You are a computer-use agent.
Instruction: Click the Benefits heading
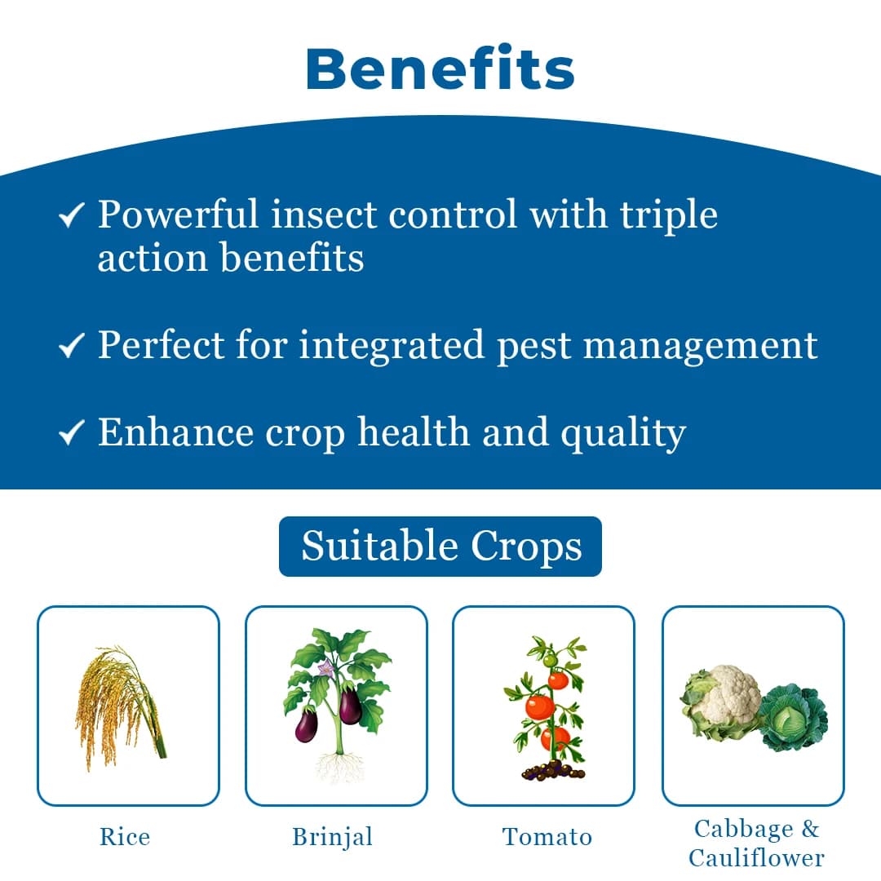(x=440, y=69)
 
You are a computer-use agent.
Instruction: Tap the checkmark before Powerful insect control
(x=72, y=216)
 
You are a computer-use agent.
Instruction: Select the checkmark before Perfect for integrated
(x=72, y=348)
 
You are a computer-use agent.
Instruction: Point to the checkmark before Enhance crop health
(x=72, y=434)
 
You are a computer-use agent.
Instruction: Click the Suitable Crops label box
(x=440, y=547)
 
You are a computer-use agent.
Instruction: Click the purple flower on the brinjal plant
(x=325, y=669)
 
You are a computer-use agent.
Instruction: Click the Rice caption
(x=125, y=837)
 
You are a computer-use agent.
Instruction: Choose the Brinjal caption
(x=333, y=837)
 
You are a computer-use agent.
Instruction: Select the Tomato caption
(x=547, y=837)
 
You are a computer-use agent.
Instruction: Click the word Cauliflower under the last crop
(x=756, y=858)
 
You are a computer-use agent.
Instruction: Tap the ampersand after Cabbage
(x=809, y=830)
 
